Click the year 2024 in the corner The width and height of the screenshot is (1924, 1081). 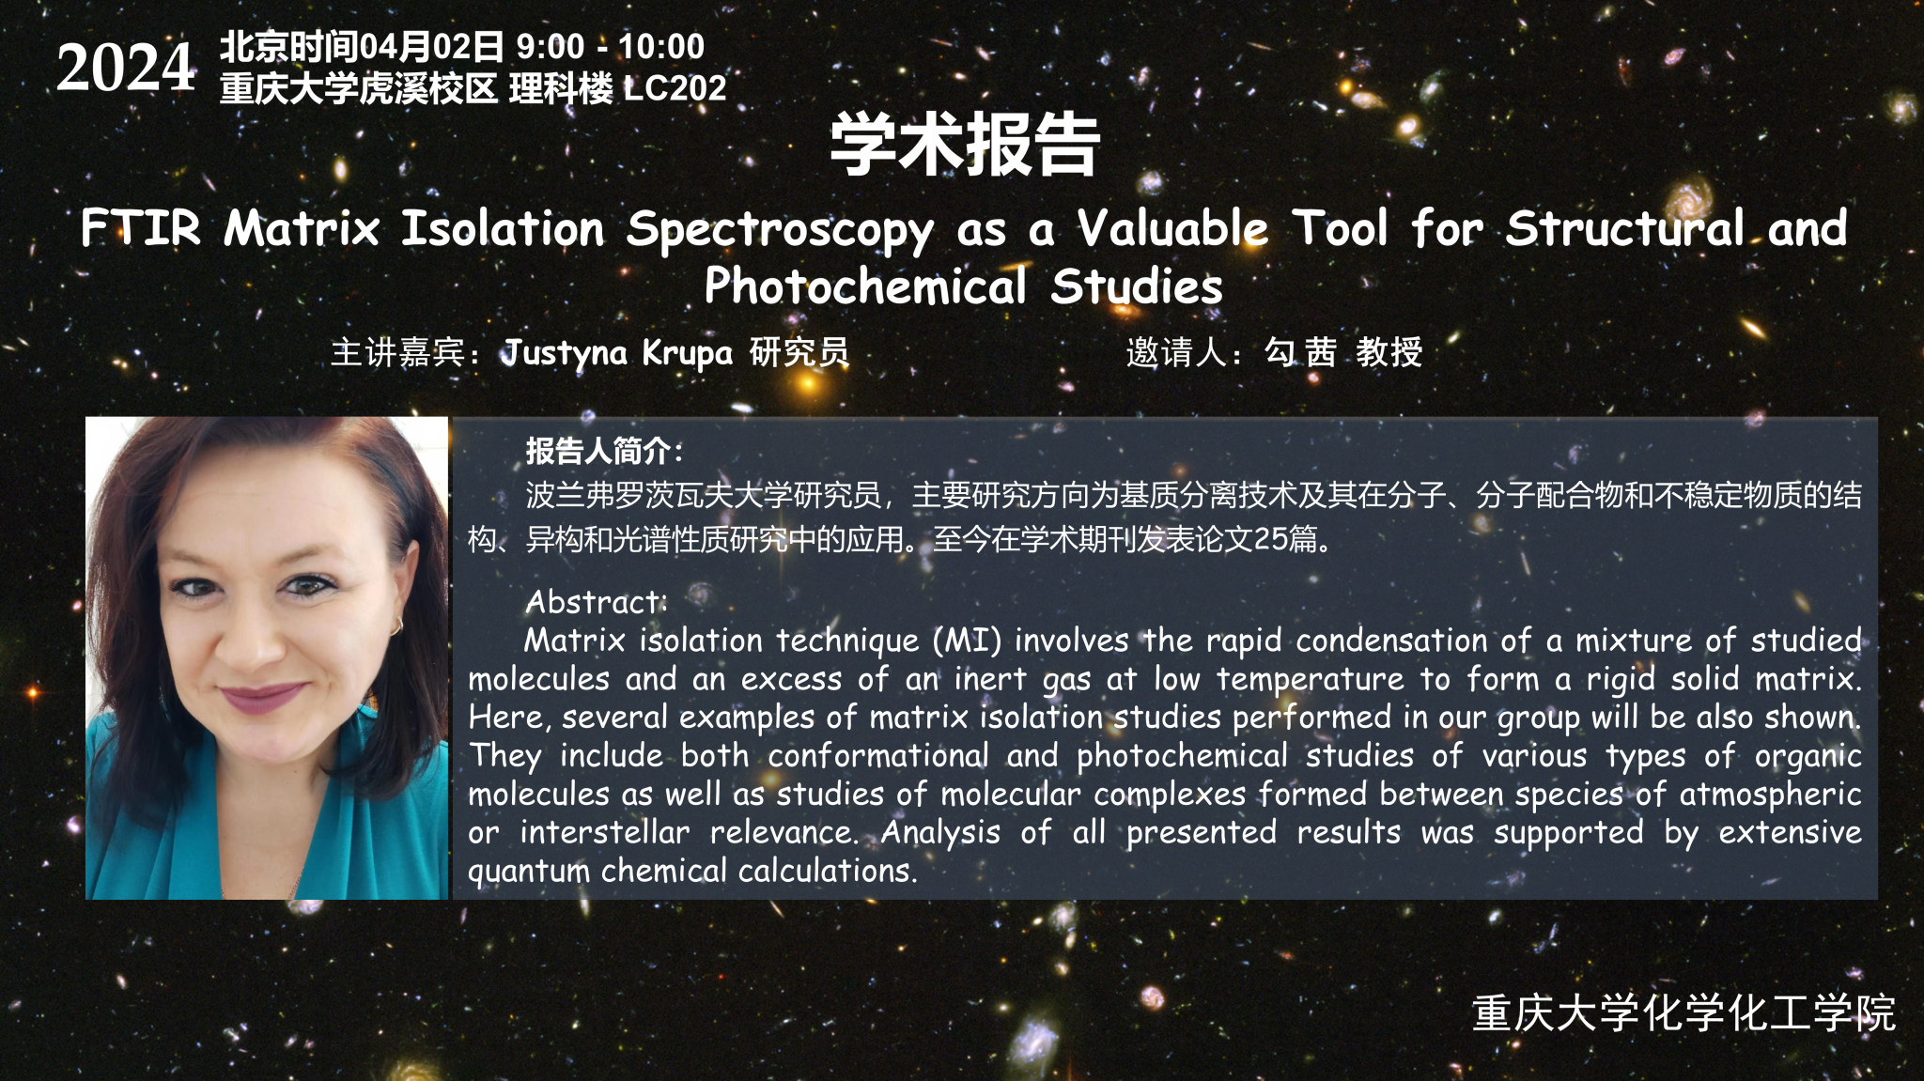pos(126,68)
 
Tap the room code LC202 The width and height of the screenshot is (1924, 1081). pos(675,88)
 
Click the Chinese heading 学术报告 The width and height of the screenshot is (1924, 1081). pos(965,145)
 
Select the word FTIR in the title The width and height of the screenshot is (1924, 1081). pos(141,228)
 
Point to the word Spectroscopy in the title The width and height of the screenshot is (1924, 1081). pos(781,231)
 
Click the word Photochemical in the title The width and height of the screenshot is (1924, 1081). pos(865,286)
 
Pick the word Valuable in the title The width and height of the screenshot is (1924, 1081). pos(1172,228)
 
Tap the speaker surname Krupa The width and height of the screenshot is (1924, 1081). pos(687,354)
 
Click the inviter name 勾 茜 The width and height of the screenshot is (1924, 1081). pos(1300,352)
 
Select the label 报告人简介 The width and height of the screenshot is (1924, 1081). pos(597,451)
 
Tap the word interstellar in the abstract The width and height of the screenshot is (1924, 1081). pos(605,832)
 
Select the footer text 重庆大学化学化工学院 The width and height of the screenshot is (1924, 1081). pos(1683,1013)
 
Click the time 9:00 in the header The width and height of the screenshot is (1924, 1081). pos(551,46)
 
